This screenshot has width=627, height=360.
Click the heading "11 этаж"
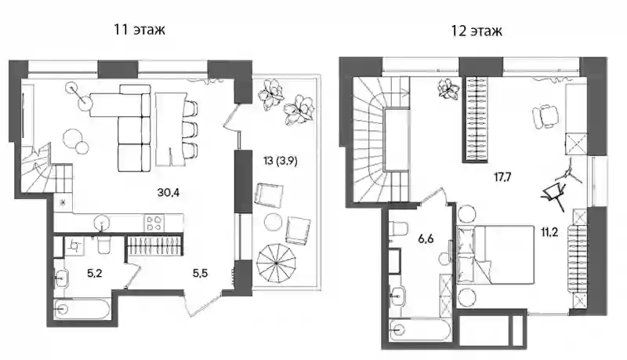(x=140, y=29)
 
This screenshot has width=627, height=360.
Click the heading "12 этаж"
(x=477, y=31)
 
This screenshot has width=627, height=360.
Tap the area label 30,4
(x=169, y=193)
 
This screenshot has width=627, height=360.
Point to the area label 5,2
(x=95, y=274)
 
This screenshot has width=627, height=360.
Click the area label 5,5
(x=200, y=273)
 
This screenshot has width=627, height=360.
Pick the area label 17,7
(x=502, y=176)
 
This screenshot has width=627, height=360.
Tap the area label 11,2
(x=549, y=232)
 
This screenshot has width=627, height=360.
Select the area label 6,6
(x=426, y=239)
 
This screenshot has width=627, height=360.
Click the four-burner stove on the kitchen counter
(x=155, y=224)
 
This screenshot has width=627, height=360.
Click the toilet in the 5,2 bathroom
(x=104, y=245)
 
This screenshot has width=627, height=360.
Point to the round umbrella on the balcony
(x=277, y=264)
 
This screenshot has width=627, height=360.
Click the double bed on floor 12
(x=496, y=255)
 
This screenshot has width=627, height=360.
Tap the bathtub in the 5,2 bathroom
(x=82, y=309)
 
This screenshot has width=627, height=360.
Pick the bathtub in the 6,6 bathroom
(x=420, y=330)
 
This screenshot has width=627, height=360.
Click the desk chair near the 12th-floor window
(x=545, y=115)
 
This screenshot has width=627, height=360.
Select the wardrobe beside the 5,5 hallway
(x=155, y=245)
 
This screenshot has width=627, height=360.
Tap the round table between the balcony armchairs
(x=273, y=222)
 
